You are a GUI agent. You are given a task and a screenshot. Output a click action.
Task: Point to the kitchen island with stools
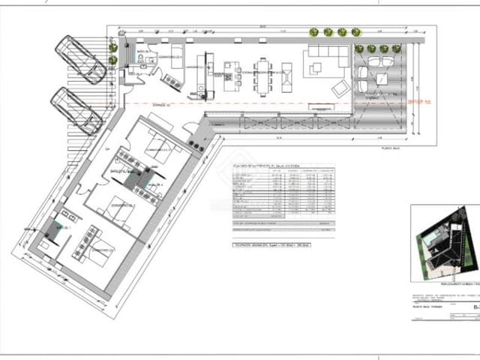click(226, 75)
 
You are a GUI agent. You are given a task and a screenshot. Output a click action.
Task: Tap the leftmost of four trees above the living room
click(313, 32)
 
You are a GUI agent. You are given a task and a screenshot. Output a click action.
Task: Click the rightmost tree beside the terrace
click(396, 49)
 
